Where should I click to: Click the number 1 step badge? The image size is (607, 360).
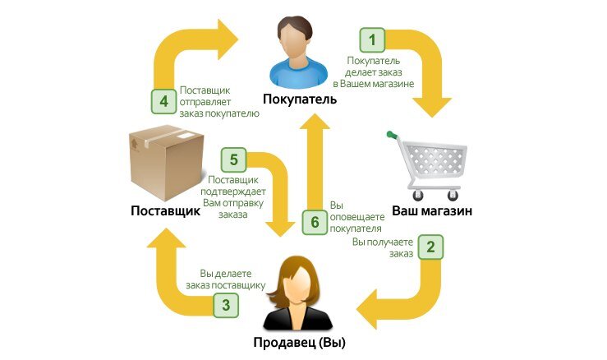click(x=373, y=39)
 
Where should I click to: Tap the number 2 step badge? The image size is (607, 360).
click(x=431, y=247)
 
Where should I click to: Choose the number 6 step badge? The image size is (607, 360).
click(x=314, y=221)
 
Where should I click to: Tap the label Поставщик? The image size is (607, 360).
click(x=166, y=211)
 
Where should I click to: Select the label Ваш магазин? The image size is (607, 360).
click(x=431, y=211)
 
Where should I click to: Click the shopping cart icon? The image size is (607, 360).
click(x=429, y=164)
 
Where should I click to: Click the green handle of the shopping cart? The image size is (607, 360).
click(x=393, y=135)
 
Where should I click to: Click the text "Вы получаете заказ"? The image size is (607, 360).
click(x=384, y=248)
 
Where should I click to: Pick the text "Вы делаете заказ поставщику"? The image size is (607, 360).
click(x=232, y=279)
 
